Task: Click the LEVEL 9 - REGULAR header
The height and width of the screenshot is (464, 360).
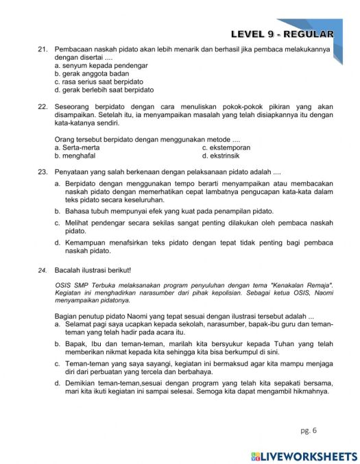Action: (x=282, y=34)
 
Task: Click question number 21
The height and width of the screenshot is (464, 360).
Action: (x=42, y=51)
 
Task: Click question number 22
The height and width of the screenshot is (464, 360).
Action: (x=42, y=108)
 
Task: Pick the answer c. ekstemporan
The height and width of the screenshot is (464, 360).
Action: (x=226, y=147)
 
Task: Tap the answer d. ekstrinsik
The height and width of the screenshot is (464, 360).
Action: (x=223, y=156)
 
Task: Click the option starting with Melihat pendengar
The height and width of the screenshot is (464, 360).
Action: (x=192, y=223)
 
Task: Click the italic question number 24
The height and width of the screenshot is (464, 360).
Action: (x=42, y=271)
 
